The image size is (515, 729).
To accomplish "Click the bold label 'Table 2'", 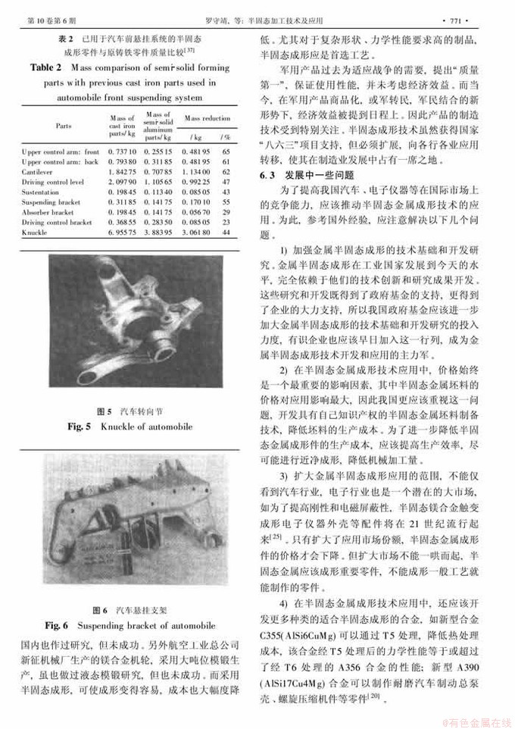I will [x=51, y=67].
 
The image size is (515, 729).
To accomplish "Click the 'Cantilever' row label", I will [x=39, y=172].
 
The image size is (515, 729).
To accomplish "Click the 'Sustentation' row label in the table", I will [x=42, y=192].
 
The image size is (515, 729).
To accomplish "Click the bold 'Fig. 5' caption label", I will [x=80, y=427].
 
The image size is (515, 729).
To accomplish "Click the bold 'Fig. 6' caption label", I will [x=58, y=625].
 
